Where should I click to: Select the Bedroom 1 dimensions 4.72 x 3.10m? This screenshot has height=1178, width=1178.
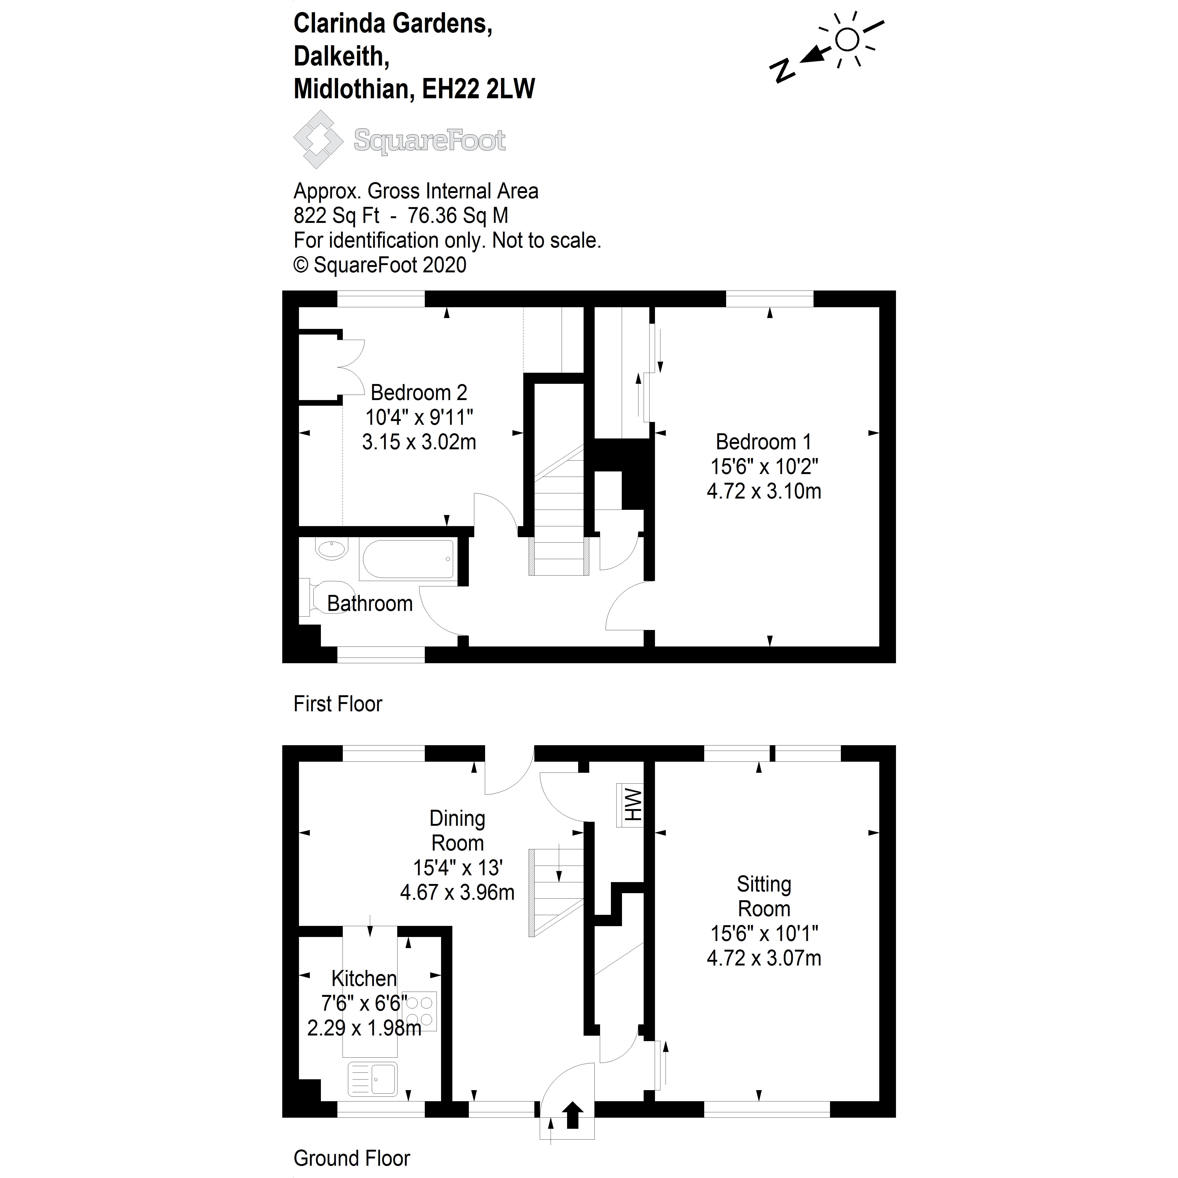tap(764, 491)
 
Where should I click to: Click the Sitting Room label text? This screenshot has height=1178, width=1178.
tap(764, 896)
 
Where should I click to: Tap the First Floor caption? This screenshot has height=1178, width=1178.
tap(338, 704)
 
